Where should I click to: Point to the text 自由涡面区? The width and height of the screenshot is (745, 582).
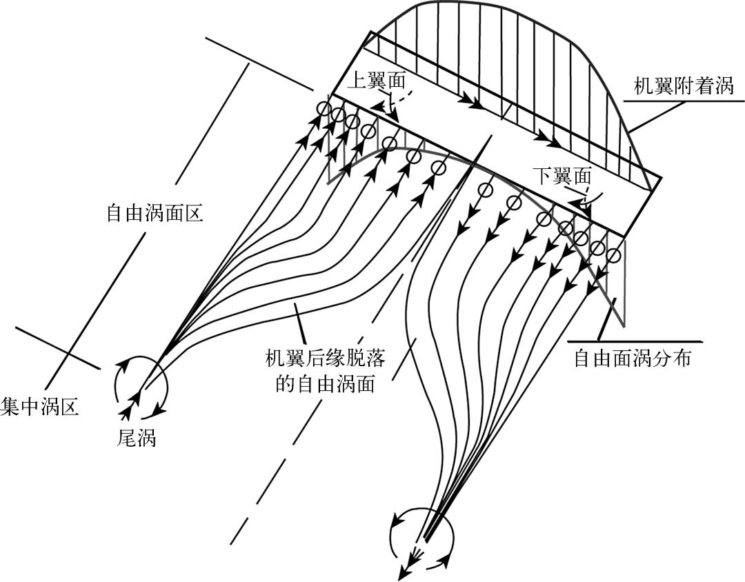point(154,212)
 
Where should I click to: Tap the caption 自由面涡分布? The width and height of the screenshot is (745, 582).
point(632,359)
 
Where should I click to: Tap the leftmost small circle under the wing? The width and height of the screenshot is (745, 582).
point(324,109)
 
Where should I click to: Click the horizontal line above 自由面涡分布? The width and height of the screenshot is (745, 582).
point(634,341)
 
